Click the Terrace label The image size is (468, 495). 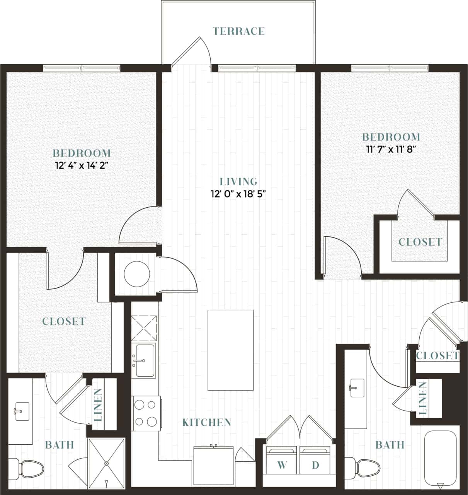pos(239,31)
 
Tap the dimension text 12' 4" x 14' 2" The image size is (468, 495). pos(81,166)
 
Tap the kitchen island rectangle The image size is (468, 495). pos(231,350)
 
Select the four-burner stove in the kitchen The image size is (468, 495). pos(146,413)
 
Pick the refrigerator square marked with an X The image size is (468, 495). pos(144,329)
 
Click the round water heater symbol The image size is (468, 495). pos(136,274)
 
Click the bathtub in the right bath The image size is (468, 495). pos(441,458)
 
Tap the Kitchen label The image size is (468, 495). pos(207,422)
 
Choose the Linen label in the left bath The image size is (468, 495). pos(99,405)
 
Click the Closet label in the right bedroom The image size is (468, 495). pos(420,242)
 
